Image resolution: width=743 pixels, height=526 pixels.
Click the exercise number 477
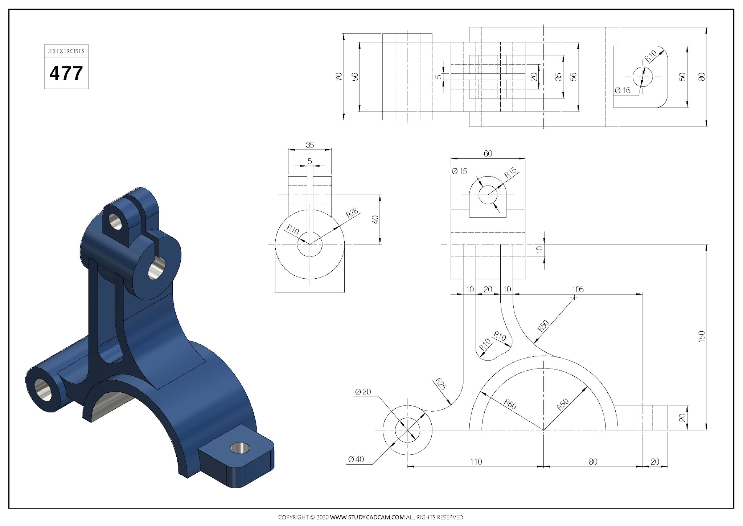66,73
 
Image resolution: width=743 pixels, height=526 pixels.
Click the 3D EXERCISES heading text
66,51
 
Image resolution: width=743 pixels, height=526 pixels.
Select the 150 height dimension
702,336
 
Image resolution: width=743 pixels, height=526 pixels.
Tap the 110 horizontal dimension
476,462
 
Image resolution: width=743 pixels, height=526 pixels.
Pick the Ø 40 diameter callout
356,459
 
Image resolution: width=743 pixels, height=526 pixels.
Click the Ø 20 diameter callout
363,392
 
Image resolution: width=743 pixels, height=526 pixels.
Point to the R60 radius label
510,404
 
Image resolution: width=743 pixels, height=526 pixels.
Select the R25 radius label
440,384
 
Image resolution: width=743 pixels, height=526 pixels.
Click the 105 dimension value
578,290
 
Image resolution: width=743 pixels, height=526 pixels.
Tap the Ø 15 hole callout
460,171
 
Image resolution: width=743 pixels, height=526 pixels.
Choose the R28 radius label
352,213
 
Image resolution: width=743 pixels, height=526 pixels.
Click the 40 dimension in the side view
375,219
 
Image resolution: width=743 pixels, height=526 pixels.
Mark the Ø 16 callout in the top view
623,90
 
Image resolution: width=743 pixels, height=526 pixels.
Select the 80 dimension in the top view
702,77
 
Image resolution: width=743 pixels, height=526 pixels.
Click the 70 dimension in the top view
339,77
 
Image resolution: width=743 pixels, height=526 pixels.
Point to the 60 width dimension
488,154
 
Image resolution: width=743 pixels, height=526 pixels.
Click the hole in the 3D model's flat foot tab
240,448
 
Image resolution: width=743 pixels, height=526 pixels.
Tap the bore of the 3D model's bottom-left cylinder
43,390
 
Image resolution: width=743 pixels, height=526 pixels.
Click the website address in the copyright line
367,517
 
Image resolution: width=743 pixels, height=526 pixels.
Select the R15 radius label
510,173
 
